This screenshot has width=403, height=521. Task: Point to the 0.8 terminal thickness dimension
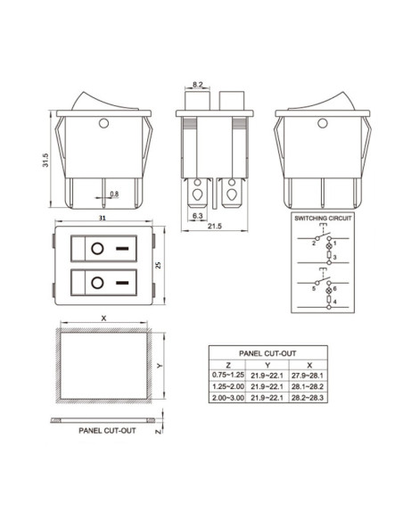click(x=113, y=194)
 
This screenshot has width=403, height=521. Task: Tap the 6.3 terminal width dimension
click(x=196, y=215)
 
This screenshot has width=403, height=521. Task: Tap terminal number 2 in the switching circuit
click(x=313, y=242)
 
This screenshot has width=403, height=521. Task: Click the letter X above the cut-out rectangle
click(x=104, y=318)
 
